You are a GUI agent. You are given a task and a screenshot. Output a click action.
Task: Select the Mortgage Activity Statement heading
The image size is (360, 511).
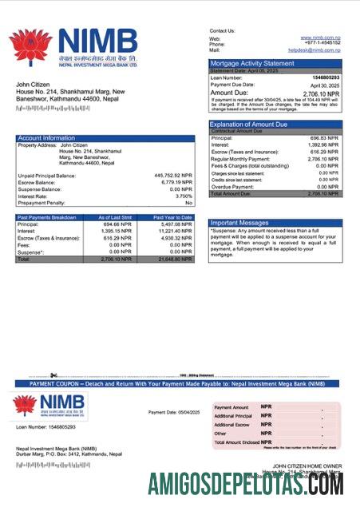click(251, 62)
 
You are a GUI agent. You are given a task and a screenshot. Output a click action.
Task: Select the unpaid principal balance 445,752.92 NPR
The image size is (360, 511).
click(173, 175)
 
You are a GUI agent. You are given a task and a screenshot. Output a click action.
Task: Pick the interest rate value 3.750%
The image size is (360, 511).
click(184, 196)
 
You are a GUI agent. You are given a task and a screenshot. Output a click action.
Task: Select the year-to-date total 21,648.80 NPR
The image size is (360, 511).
click(176, 259)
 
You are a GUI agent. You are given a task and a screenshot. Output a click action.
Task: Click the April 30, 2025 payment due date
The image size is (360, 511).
click(326, 84)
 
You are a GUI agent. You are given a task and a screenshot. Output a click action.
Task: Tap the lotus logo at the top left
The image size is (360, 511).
click(30, 46)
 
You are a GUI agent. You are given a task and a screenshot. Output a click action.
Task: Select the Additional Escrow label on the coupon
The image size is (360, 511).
click(233, 425)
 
